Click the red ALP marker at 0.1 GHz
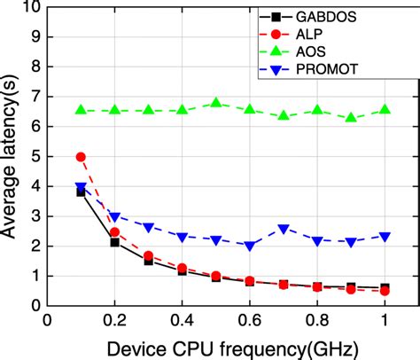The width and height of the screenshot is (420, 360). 81,157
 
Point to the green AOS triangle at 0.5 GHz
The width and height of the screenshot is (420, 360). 216,104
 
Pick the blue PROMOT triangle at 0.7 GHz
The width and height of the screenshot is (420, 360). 284,229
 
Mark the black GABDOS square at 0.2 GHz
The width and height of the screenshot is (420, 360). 114,242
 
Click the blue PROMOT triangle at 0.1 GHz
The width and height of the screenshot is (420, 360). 81,187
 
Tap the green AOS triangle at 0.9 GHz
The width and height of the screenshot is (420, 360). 351,118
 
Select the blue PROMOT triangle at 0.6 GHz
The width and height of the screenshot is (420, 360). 250,246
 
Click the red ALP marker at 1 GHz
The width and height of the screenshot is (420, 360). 385,291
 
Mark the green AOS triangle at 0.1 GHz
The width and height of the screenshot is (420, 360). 81,111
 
